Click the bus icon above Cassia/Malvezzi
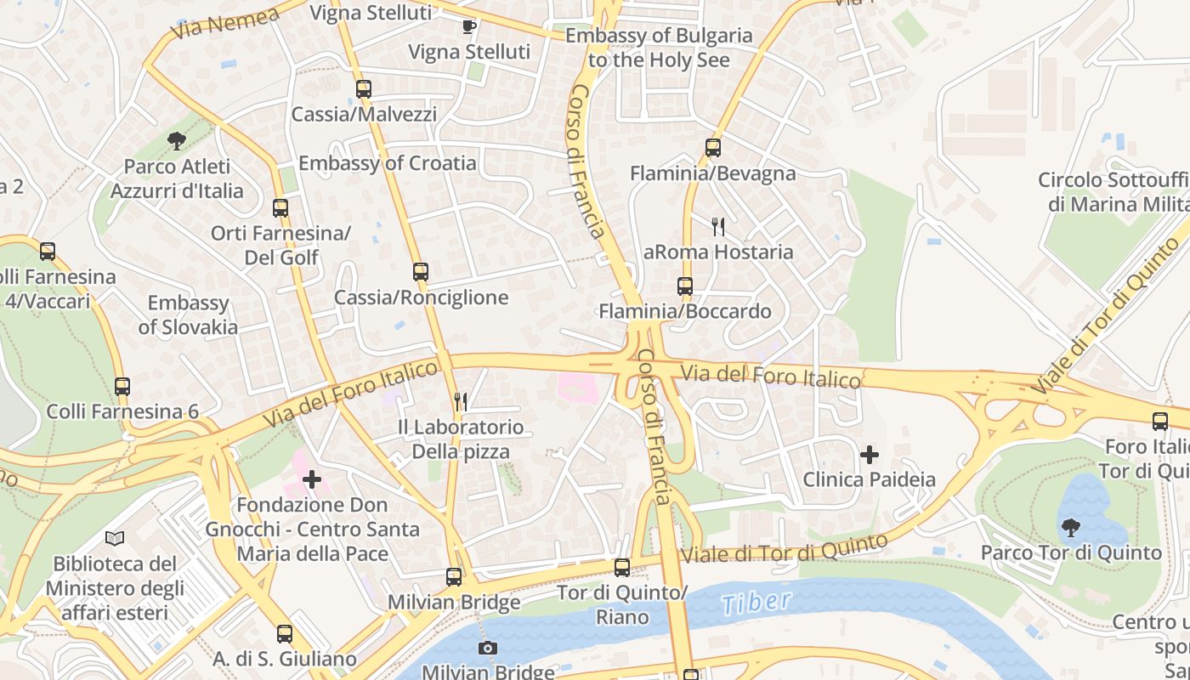tap(364, 88)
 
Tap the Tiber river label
tap(756, 603)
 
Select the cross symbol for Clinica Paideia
tap(869, 455)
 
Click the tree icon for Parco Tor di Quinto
tap(1070, 528)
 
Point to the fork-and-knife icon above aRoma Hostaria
tap(718, 226)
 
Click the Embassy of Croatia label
tap(387, 162)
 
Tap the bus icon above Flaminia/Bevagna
tap(712, 148)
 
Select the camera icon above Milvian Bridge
tap(487, 649)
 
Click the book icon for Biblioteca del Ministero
tap(115, 538)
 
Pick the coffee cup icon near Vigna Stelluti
tap(469, 26)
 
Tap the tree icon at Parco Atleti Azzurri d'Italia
tap(177, 140)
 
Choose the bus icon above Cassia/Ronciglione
tap(421, 272)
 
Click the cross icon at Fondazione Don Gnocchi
tap(312, 479)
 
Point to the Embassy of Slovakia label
tap(188, 314)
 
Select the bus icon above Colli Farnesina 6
tap(122, 387)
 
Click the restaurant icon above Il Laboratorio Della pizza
tap(461, 401)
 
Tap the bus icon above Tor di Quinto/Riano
tap(622, 567)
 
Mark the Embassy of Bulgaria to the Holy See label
tap(659, 48)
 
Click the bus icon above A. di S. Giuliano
tap(285, 634)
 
